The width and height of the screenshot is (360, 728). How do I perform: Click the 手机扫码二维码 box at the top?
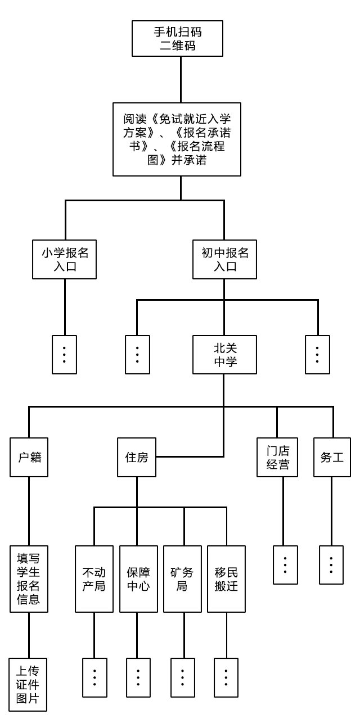(177, 39)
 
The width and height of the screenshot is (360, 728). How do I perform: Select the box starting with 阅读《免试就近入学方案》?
(177, 139)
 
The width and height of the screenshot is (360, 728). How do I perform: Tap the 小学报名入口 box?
(65, 259)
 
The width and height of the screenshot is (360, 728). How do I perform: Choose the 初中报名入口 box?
(224, 259)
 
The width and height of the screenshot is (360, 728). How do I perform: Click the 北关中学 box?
(224, 355)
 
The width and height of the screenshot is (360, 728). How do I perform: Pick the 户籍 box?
(29, 457)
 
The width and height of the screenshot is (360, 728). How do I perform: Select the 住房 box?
(137, 457)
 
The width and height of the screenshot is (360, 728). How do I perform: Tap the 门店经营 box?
(277, 457)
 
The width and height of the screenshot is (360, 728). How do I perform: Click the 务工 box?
(332, 457)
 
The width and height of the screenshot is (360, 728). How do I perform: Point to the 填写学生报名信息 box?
(29, 578)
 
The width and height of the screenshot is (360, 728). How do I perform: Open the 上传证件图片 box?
(28, 684)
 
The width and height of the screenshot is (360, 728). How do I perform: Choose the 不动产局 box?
(94, 579)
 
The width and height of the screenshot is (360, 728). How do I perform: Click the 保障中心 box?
(138, 579)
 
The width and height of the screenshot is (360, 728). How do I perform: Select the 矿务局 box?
(182, 579)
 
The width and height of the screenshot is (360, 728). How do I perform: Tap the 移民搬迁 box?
(227, 579)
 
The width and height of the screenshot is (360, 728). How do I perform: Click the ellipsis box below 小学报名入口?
(65, 355)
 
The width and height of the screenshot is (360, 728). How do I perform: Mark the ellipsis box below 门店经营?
(285, 565)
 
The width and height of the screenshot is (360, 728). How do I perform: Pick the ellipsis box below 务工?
(331, 565)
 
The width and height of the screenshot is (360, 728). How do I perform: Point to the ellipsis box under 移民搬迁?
(227, 677)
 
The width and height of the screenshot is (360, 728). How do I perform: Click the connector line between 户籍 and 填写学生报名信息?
(29, 511)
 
